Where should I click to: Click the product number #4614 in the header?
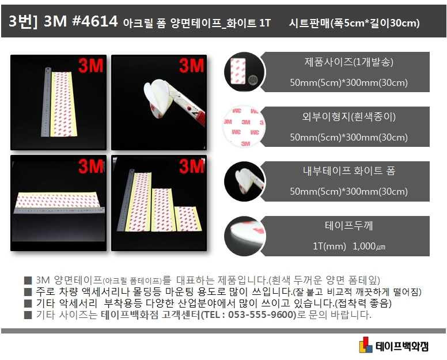click(x=95, y=21)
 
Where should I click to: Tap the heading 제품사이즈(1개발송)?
click(x=348, y=62)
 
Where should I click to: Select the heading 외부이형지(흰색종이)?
click(x=348, y=116)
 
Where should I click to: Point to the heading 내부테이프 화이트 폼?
click(x=348, y=170)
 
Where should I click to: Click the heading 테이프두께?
click(x=348, y=225)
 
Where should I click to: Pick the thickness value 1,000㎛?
click(x=369, y=246)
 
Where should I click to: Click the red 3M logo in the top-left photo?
click(x=91, y=66)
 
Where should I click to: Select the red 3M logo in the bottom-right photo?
click(x=192, y=166)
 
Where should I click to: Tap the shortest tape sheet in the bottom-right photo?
click(x=188, y=219)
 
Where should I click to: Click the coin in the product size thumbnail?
click(x=252, y=79)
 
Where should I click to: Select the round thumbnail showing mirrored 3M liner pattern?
click(x=244, y=126)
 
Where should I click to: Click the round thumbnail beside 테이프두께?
click(x=245, y=236)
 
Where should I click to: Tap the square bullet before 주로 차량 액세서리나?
click(x=28, y=292)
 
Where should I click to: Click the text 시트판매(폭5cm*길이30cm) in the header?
click(x=354, y=23)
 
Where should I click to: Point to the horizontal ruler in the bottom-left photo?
click(x=59, y=210)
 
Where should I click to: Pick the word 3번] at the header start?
click(x=23, y=21)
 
